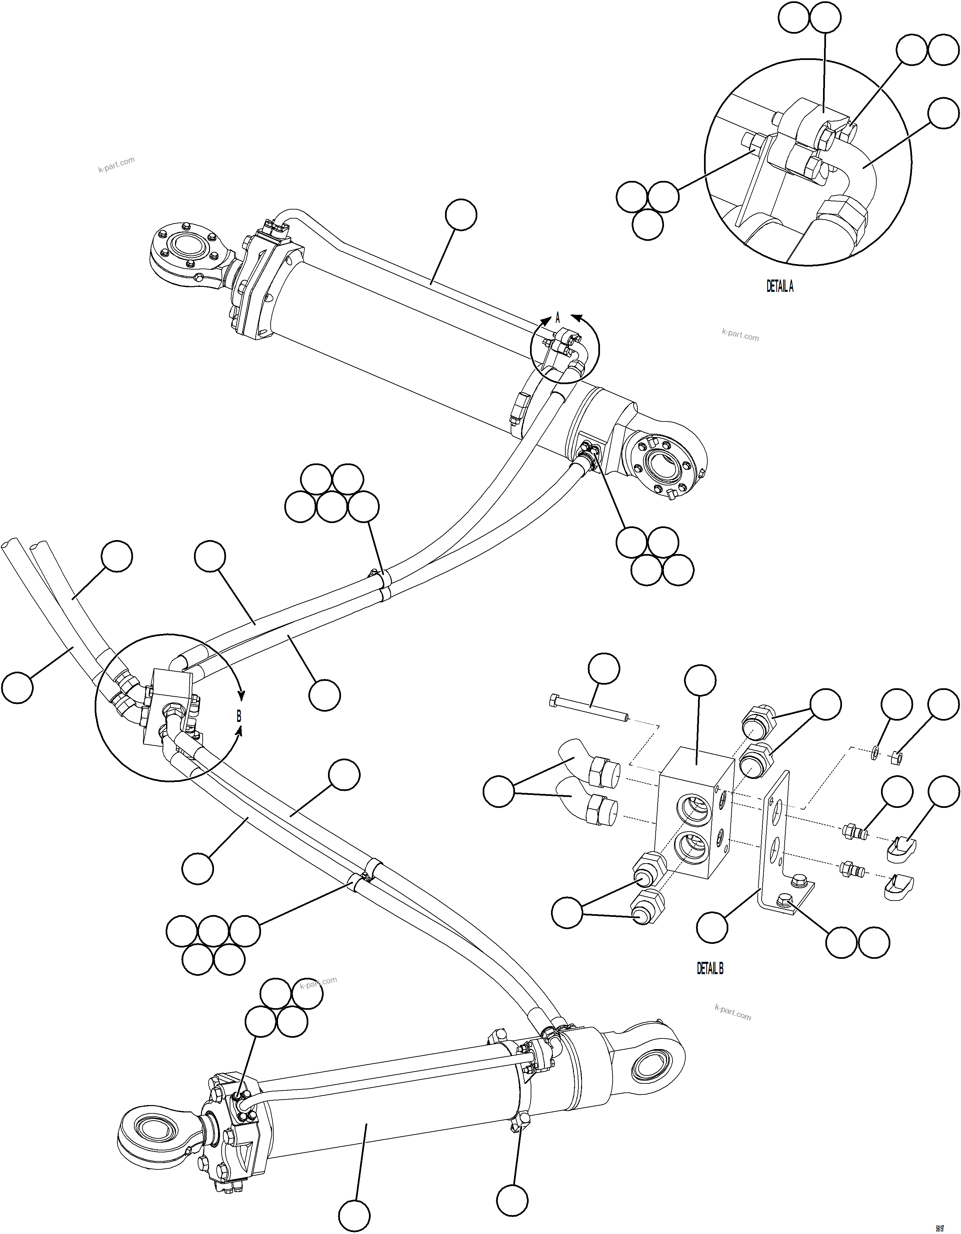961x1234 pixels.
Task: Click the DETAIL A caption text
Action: click(780, 287)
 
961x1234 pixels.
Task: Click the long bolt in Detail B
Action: click(588, 709)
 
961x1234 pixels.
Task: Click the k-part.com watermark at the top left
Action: click(116, 165)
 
